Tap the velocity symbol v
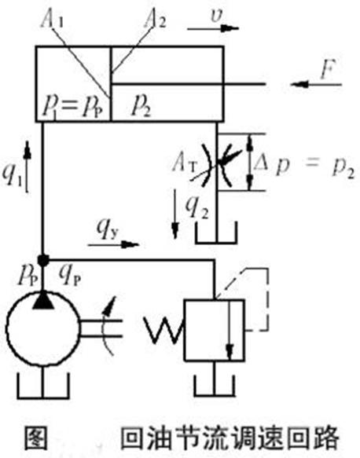pos(216,16)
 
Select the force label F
pos(328,69)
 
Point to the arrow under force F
pos(316,84)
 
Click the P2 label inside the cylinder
pos(141,107)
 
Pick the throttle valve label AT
pos(185,163)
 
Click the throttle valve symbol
pos(218,165)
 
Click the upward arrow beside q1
pos(28,167)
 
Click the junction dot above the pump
pos(43,260)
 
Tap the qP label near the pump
pos(69,275)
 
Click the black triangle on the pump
pos(43,299)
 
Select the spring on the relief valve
pos(164,330)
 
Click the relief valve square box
pos(215,330)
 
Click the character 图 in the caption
pos(35,438)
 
